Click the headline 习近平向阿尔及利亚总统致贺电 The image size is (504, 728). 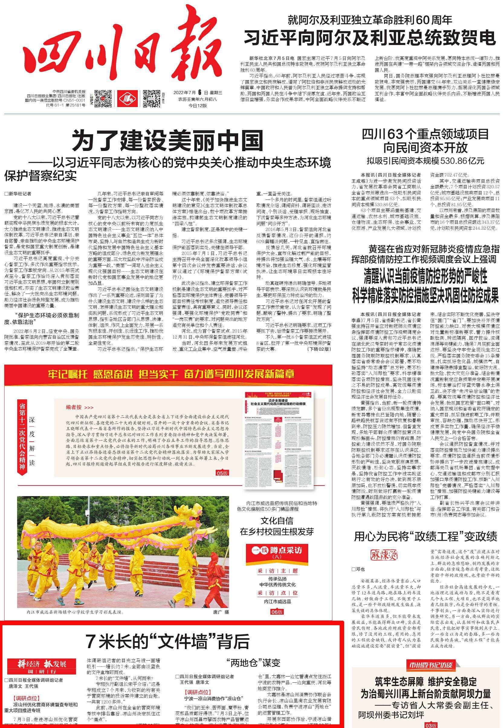(x=370, y=38)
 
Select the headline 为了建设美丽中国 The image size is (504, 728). (x=168, y=141)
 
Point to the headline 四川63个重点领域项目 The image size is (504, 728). (x=425, y=134)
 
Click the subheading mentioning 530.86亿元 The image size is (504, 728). (x=425, y=161)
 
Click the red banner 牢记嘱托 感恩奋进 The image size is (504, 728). (x=171, y=374)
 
